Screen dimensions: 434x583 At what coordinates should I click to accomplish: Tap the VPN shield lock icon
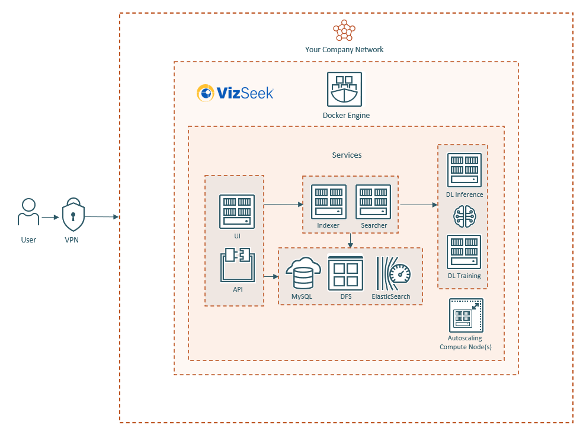click(73, 215)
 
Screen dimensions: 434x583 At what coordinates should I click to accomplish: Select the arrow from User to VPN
click(50, 218)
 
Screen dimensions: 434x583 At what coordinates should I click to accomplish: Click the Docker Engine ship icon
click(344, 90)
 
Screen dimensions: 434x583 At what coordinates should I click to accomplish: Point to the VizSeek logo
click(235, 93)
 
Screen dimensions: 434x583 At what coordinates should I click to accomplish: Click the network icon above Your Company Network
click(344, 30)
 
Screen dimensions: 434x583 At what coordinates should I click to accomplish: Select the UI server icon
click(237, 211)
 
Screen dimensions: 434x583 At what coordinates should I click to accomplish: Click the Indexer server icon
click(328, 202)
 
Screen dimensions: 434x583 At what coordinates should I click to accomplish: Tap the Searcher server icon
click(373, 202)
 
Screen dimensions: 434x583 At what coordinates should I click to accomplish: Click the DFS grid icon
click(345, 273)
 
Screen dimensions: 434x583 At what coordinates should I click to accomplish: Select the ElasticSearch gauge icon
click(393, 273)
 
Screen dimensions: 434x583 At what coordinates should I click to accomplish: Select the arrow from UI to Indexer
click(283, 205)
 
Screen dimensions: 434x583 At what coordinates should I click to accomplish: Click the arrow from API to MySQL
click(271, 277)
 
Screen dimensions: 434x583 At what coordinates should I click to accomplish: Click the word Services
click(347, 155)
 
